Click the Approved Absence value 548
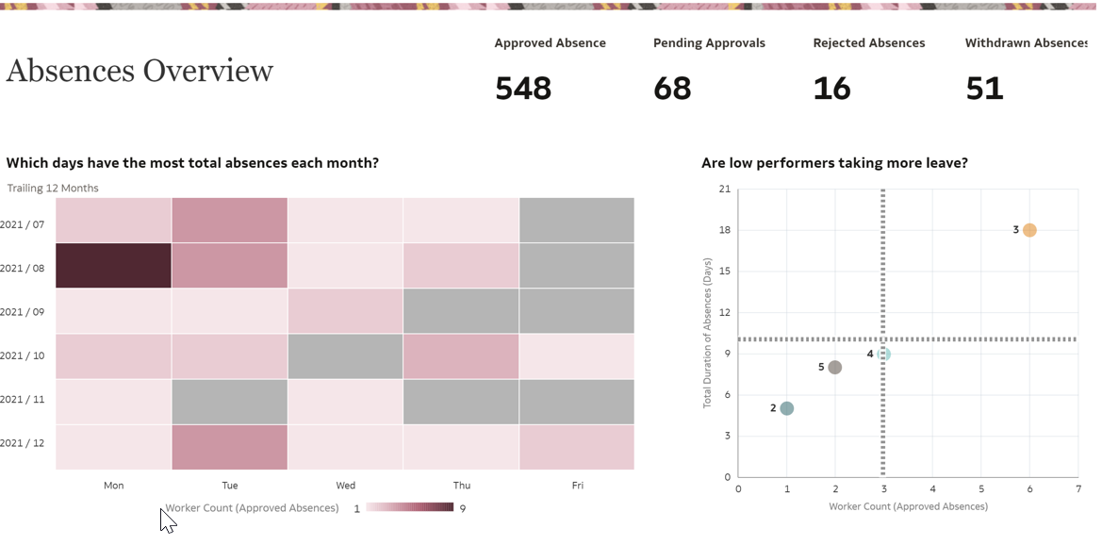pyautogui.click(x=523, y=89)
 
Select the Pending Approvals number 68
pyautogui.click(x=672, y=89)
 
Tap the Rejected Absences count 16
pyautogui.click(x=831, y=89)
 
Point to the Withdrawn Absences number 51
pyautogui.click(x=984, y=89)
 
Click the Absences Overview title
pyautogui.click(x=140, y=71)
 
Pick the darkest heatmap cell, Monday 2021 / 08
pyautogui.click(x=113, y=266)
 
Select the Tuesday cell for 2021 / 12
pyautogui.click(x=229, y=447)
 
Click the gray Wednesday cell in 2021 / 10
pyautogui.click(x=345, y=356)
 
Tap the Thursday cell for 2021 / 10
pyautogui.click(x=461, y=356)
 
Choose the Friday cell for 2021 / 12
pyautogui.click(x=577, y=447)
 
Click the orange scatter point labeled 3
pyautogui.click(x=1029, y=230)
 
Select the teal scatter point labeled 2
pyautogui.click(x=786, y=408)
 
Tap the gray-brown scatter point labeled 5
pyautogui.click(x=835, y=367)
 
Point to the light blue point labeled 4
pyautogui.click(x=883, y=355)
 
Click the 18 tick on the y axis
pyautogui.click(x=725, y=230)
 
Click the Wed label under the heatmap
pyautogui.click(x=345, y=486)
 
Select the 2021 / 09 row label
pyautogui.click(x=24, y=311)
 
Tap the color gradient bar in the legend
pyautogui.click(x=411, y=507)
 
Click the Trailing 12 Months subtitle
pyautogui.click(x=53, y=189)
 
